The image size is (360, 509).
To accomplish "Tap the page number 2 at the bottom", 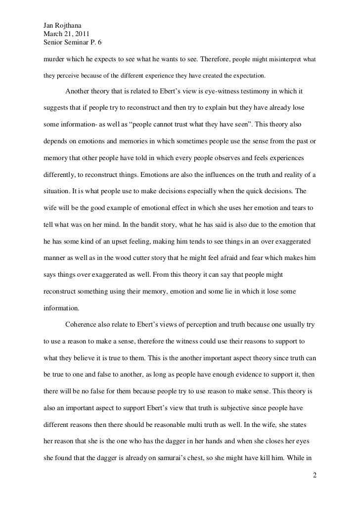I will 314,475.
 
